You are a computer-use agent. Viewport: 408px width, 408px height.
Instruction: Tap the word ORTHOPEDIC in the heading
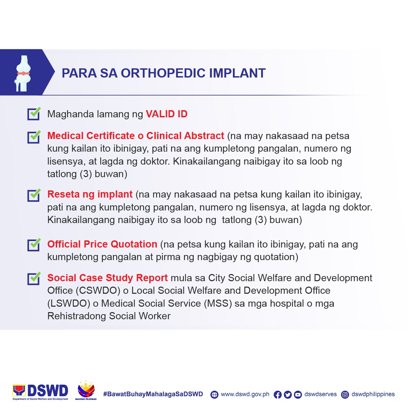coord(163,73)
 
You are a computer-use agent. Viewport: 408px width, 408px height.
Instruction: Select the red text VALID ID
coord(167,114)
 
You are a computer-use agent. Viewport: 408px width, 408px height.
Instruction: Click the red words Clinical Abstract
coord(185,136)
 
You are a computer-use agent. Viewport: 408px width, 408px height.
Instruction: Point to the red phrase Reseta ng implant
coord(90,194)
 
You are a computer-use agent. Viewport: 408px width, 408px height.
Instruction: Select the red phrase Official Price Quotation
coord(102,244)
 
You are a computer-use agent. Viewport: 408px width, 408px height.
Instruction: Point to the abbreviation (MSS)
coord(218,303)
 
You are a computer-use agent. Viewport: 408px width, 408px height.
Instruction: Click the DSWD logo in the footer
coord(40,392)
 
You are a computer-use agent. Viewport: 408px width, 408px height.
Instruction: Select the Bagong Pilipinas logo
coord(86,391)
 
